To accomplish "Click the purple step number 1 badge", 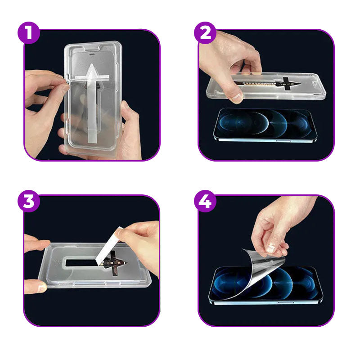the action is click(29, 33).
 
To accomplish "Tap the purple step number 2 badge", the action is click(205, 33).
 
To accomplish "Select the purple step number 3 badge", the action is click(29, 201).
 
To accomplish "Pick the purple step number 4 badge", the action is click(205, 201).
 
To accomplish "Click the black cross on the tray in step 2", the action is click(286, 84).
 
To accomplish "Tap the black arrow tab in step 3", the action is click(114, 263).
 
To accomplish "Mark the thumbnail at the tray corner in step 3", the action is click(42, 287).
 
